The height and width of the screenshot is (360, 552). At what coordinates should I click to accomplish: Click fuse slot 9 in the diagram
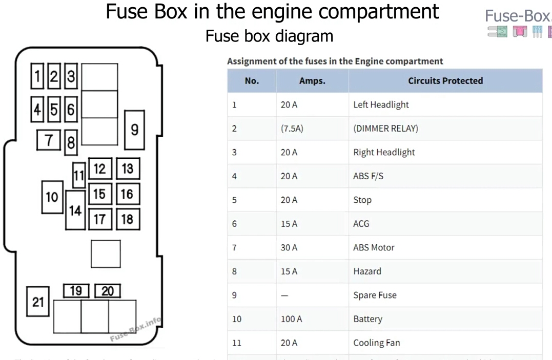coord(134,130)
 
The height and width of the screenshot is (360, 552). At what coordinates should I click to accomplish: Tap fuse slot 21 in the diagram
coord(38,302)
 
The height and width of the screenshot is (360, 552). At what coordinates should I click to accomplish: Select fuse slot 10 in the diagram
coord(52,197)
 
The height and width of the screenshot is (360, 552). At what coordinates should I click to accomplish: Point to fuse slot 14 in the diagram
coord(75,210)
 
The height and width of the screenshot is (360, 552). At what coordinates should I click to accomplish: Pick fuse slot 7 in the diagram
coord(49,139)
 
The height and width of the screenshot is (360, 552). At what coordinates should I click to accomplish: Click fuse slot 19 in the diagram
coord(76,291)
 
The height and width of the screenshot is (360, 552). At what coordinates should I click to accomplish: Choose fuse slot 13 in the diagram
coord(128,168)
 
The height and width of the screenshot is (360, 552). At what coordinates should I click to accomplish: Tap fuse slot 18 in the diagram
coord(128,219)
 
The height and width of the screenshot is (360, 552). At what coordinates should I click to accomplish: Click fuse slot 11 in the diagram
coord(78,176)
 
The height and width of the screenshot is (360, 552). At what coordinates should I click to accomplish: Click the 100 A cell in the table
coord(291,319)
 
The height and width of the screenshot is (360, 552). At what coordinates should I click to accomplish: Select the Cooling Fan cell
coord(376,343)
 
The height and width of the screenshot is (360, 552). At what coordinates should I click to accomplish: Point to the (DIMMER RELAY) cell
coord(385,129)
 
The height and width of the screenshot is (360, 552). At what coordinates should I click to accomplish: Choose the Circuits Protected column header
coord(445,81)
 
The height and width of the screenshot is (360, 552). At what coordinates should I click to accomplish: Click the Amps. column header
coord(312,81)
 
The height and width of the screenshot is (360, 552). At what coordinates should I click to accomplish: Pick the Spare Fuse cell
coord(375,295)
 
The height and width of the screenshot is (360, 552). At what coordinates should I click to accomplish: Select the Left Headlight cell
coord(381,104)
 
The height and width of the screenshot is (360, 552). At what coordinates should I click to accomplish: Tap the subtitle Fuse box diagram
coord(269,36)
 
